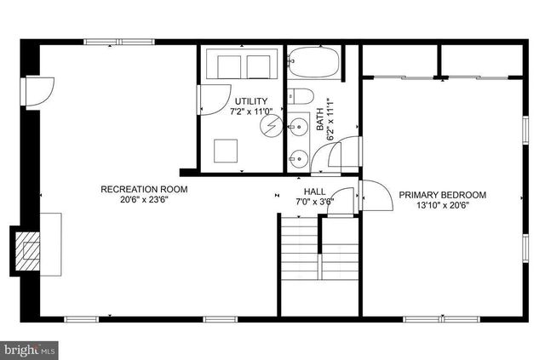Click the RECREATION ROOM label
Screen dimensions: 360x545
click(144, 189)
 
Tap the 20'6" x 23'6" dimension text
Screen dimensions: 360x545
click(144, 201)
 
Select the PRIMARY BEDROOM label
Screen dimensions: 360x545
click(443, 195)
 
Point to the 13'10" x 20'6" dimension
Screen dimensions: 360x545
click(443, 206)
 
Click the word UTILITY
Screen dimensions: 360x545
click(251, 101)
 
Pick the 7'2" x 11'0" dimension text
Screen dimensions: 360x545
click(251, 111)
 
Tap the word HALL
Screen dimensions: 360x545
click(313, 191)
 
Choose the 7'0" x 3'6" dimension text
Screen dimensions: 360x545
click(313, 203)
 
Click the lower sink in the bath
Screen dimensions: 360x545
click(295, 157)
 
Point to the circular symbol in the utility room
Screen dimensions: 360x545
click(270, 128)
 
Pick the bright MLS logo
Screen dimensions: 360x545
click(30, 349)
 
